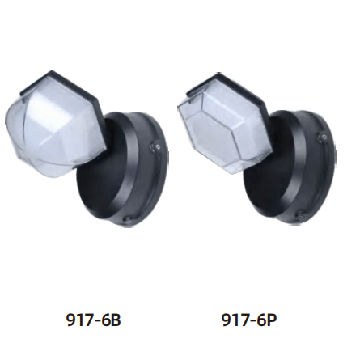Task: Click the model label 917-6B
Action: point(94,320)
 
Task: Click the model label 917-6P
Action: point(249,320)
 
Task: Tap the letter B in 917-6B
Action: point(116,320)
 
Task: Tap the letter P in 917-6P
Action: point(271,320)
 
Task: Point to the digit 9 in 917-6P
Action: point(227,320)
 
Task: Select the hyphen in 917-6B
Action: point(95,320)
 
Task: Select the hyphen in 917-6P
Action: point(251,320)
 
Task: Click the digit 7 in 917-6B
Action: point(87,320)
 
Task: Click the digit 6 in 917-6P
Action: point(260,320)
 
